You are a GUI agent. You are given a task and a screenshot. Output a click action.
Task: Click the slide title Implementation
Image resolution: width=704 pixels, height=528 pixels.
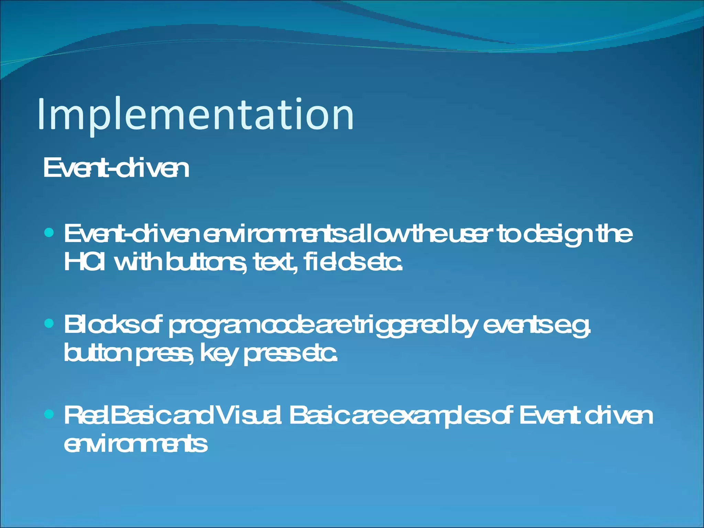coord(195,114)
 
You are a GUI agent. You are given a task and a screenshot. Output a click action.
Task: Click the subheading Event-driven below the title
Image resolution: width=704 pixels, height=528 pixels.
coord(116,168)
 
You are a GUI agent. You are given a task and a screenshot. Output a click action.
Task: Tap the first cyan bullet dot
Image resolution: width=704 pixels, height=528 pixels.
coord(49,233)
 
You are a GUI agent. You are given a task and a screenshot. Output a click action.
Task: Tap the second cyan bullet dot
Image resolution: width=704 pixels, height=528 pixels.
coord(49,323)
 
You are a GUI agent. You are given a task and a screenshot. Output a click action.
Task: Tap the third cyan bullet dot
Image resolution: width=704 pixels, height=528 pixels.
coord(49,414)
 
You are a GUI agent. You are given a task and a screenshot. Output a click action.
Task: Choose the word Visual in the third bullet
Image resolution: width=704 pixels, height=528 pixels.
coord(250,415)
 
